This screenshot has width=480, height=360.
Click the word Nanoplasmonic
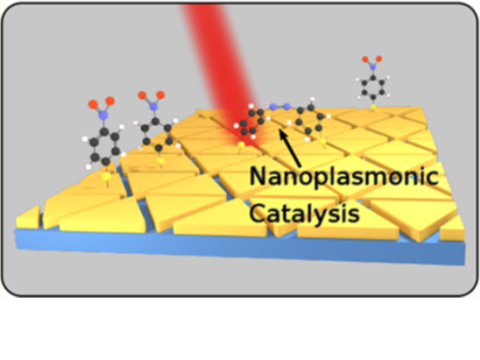344,177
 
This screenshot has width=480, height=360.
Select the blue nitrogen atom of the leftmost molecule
104,114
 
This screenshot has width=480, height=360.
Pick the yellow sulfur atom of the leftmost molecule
107,176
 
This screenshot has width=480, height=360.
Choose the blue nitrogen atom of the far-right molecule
373,67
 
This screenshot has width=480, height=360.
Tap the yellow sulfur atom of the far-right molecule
374,107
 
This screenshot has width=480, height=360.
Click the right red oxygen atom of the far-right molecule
379,59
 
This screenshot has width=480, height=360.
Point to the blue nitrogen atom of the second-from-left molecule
153,106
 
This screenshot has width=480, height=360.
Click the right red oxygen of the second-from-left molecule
160,95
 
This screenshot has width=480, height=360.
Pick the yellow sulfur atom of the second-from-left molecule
161,161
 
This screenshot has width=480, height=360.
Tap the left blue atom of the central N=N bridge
274,107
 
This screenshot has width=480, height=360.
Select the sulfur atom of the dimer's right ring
322,140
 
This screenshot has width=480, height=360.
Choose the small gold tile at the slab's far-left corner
28,218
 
